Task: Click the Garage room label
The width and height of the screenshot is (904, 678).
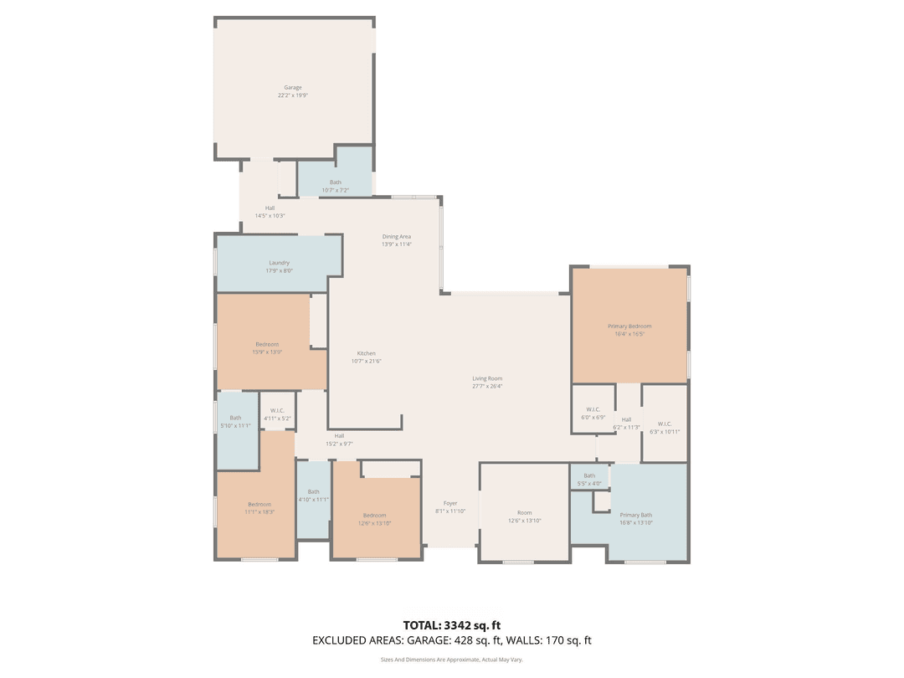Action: [293, 91]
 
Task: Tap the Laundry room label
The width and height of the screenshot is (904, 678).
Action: [280, 266]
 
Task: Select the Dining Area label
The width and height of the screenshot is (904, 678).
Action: [397, 240]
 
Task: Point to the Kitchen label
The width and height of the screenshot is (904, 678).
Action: [367, 357]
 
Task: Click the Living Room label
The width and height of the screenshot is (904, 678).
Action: [487, 383]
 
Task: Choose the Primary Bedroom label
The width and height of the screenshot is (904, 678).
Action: [629, 330]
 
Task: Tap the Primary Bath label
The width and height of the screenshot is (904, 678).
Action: [636, 518]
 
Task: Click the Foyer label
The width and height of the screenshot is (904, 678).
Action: [450, 506]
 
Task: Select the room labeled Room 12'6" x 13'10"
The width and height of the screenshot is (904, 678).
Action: [525, 516]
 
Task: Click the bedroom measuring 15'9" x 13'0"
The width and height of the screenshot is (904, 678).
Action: [267, 347]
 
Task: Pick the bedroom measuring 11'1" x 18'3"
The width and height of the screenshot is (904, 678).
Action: [259, 507]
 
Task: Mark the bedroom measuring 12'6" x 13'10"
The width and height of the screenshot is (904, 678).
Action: [374, 518]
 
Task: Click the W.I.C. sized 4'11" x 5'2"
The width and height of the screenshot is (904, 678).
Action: [277, 413]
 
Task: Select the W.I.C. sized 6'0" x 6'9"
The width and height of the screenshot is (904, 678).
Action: [593, 413]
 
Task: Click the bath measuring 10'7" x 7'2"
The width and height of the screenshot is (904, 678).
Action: [336, 186]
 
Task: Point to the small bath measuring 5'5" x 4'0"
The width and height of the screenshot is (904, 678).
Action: [589, 479]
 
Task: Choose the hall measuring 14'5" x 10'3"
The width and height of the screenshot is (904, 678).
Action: [270, 211]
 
